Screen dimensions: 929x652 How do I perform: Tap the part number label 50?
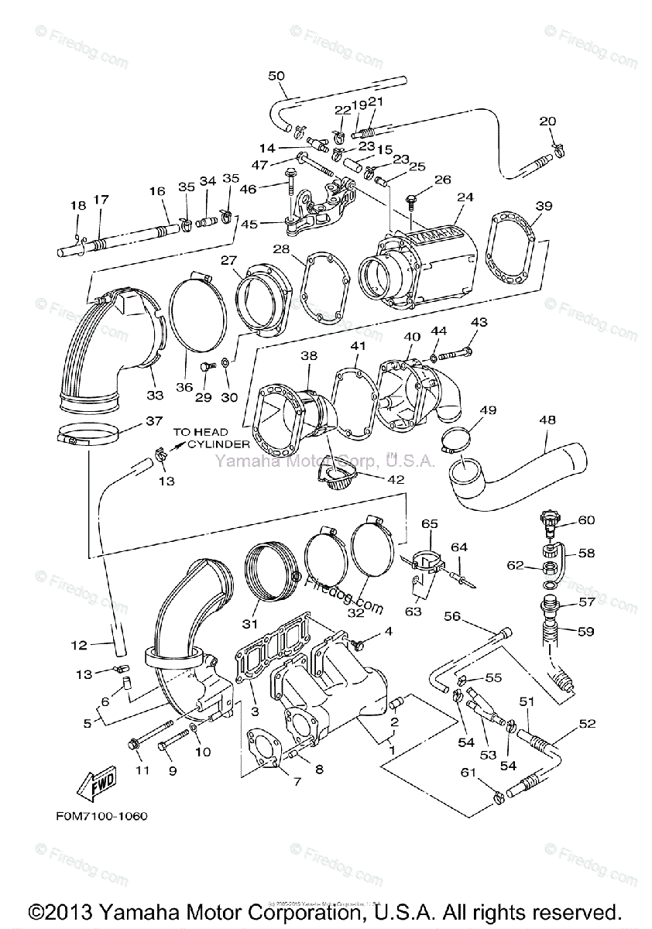[276, 76]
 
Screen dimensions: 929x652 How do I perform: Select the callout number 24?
[465, 197]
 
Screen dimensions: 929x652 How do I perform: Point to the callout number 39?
[544, 205]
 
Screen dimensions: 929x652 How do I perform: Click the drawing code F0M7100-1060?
[102, 816]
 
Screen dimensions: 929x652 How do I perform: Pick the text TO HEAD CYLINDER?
[211, 438]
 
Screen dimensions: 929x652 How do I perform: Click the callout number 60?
[586, 520]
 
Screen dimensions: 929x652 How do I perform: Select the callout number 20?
[547, 121]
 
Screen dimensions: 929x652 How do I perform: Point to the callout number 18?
[78, 205]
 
